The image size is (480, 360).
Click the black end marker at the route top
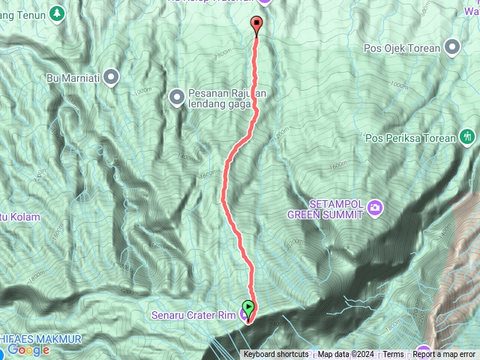(257, 25)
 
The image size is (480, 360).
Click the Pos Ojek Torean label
(402, 49)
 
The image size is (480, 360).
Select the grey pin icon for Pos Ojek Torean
(452, 49)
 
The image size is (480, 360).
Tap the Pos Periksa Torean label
(409, 138)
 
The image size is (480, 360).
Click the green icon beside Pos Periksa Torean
(469, 137)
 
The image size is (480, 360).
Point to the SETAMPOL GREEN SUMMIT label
(325, 208)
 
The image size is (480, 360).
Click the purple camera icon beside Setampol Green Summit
(374, 208)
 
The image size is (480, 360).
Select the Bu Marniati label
(73, 76)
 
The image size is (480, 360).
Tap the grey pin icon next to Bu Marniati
(112, 76)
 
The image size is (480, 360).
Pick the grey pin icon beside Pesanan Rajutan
(177, 96)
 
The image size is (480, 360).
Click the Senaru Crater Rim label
(193, 314)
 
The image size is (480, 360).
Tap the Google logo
(28, 350)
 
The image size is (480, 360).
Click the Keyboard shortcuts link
(275, 355)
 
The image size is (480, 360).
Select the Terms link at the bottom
(393, 355)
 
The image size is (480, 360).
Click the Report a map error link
(444, 355)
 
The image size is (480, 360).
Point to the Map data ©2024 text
(345, 355)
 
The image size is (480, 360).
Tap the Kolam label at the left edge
(22, 217)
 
